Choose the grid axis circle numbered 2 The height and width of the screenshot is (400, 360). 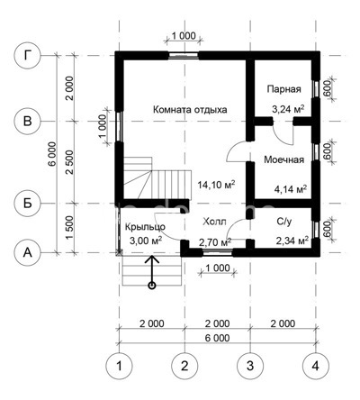(x=184, y=367)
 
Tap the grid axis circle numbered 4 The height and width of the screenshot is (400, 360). (x=314, y=367)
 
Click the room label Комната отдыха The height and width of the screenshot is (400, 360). (x=189, y=110)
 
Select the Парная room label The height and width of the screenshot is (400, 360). (x=283, y=90)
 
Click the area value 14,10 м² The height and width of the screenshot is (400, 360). (x=215, y=185)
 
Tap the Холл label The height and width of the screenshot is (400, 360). (x=214, y=221)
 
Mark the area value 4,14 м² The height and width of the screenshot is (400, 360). (x=289, y=189)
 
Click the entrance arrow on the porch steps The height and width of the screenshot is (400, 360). (x=151, y=271)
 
